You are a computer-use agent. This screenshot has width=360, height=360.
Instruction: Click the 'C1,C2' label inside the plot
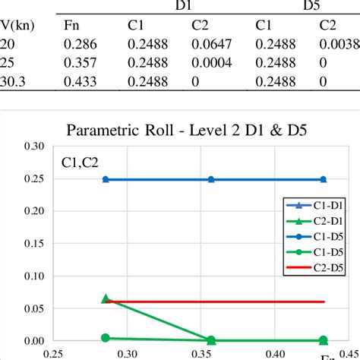coord(78,161)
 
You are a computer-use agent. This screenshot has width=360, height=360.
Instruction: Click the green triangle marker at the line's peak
coord(106,299)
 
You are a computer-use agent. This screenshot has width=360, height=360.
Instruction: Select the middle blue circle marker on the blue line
coord(211,179)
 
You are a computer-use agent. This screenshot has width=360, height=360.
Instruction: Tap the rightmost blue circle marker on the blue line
coord(323,179)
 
